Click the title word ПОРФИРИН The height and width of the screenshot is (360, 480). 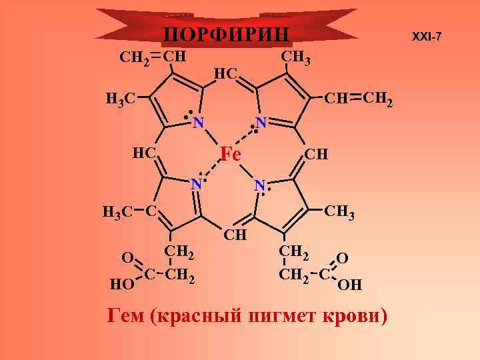[x=227, y=35]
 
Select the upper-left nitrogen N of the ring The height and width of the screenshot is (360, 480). [x=197, y=123]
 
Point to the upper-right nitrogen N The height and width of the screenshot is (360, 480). [x=261, y=123]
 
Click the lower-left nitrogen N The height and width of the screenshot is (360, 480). [x=196, y=183]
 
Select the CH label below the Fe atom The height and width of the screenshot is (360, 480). [x=235, y=235]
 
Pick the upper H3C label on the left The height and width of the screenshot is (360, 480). [x=121, y=100]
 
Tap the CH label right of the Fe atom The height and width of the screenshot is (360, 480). [x=315, y=155]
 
